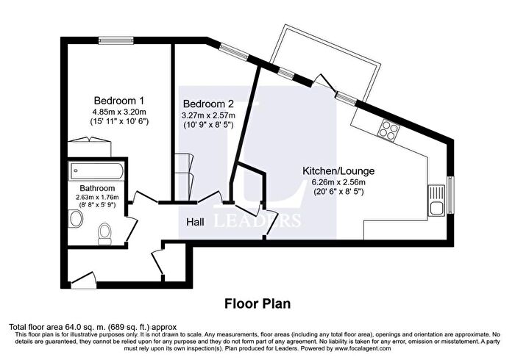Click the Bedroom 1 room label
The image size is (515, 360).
118,100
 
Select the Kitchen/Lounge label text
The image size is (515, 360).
335,170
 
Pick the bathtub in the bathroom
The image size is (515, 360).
97,170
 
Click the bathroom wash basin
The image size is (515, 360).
74,219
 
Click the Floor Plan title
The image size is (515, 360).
257,303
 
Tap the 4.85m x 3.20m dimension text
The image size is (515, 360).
118,112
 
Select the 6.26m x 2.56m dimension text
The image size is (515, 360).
335,181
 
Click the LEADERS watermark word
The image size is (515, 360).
257,220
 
